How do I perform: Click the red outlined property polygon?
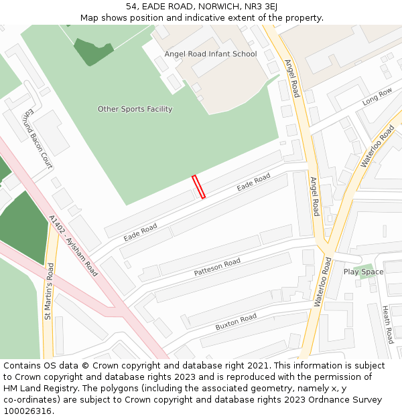tap(198, 187)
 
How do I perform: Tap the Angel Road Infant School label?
tap(210, 54)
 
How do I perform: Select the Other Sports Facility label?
tap(135, 109)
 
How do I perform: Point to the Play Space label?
tap(363, 272)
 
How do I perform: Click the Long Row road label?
tap(377, 98)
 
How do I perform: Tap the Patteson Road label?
tap(217, 268)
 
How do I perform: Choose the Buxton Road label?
tap(236, 322)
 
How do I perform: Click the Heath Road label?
tap(388, 324)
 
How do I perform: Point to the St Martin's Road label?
tap(49, 290)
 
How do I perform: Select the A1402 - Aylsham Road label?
tap(74, 245)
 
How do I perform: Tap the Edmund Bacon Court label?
tap(38, 138)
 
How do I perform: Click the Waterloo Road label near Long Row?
tap(378, 145)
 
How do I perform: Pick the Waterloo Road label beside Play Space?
tap(323, 283)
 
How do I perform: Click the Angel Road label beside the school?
tap(292, 78)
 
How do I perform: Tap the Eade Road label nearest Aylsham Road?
tap(140, 233)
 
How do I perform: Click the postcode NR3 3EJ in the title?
tap(258, 7)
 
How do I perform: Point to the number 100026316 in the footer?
tap(29, 411)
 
